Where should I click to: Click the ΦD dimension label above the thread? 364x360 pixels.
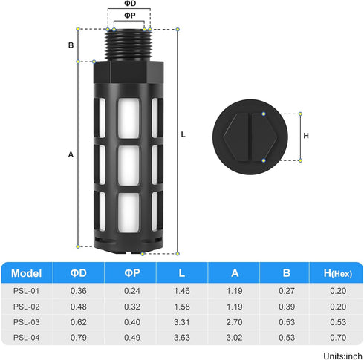point(130,4)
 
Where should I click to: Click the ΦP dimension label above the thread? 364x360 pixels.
point(130,16)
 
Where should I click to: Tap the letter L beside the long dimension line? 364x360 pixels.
point(183,134)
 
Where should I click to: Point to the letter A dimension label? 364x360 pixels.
point(71,154)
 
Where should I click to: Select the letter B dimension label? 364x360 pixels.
point(71,45)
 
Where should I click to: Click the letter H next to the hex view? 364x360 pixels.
point(306,136)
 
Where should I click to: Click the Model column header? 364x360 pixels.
point(26,273)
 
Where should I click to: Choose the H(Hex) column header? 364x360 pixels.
point(338,273)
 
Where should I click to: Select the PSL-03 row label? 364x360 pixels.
point(26,322)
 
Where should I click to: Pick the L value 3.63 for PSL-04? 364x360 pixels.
point(182,338)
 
